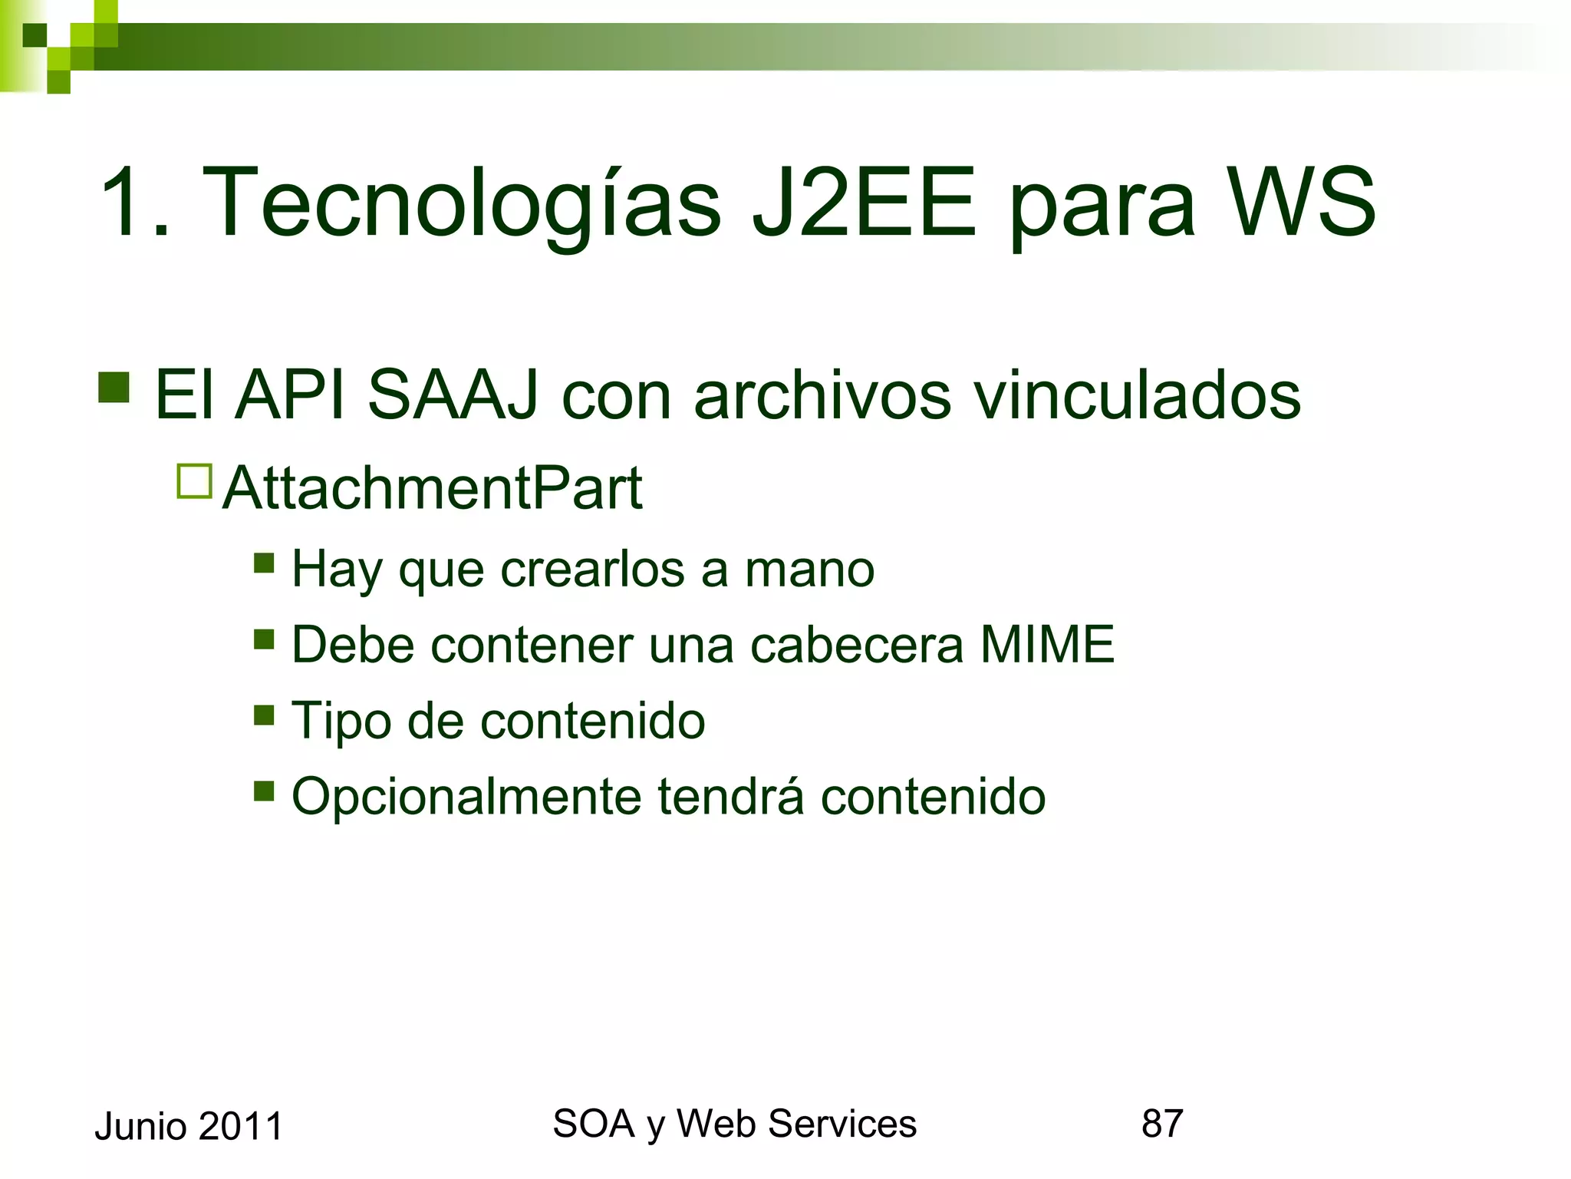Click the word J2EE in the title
(x=864, y=203)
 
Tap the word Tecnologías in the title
(x=461, y=204)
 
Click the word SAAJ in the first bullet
(x=453, y=395)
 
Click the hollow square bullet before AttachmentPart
(x=194, y=482)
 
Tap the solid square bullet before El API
(x=114, y=388)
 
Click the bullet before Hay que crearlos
(x=264, y=563)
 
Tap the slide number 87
(x=1162, y=1124)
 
